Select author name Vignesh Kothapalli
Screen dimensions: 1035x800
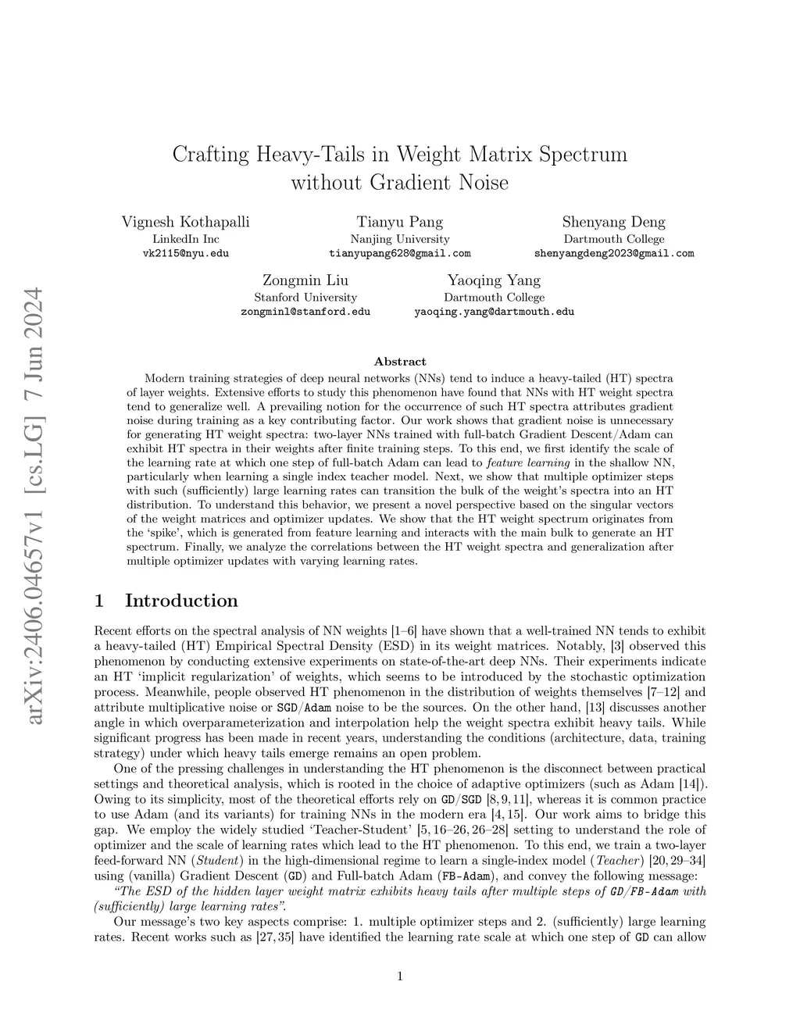click(x=186, y=222)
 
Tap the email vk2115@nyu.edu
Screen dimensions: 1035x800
click(x=186, y=254)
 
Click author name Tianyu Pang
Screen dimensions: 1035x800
click(x=400, y=222)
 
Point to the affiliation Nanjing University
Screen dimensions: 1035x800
click(x=400, y=239)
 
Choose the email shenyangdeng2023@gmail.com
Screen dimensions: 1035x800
click(x=614, y=254)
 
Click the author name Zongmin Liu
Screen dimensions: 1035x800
click(x=305, y=280)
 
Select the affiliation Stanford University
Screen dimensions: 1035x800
click(x=305, y=298)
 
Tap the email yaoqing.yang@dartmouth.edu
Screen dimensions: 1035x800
click(x=494, y=312)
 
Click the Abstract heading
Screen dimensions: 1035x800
click(x=400, y=362)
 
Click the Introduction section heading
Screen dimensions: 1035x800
click(x=181, y=601)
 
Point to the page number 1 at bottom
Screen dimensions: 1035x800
click(x=400, y=976)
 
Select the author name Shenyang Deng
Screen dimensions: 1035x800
click(x=614, y=222)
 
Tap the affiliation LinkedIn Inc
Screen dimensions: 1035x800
click(x=186, y=239)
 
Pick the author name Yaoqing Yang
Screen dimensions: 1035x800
click(x=494, y=280)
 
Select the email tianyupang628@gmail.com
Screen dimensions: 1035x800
click(x=400, y=254)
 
